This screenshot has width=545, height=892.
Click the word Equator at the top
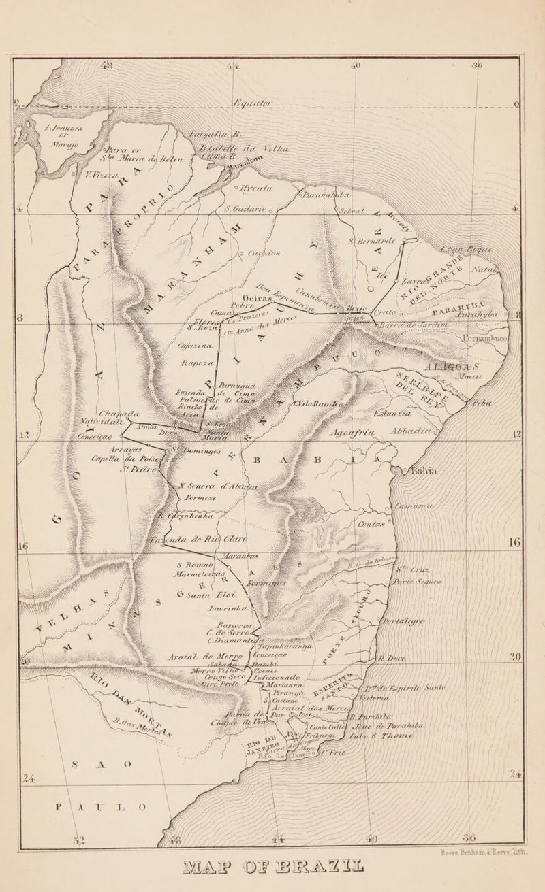(x=262, y=103)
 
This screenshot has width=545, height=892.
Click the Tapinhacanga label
(x=268, y=646)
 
